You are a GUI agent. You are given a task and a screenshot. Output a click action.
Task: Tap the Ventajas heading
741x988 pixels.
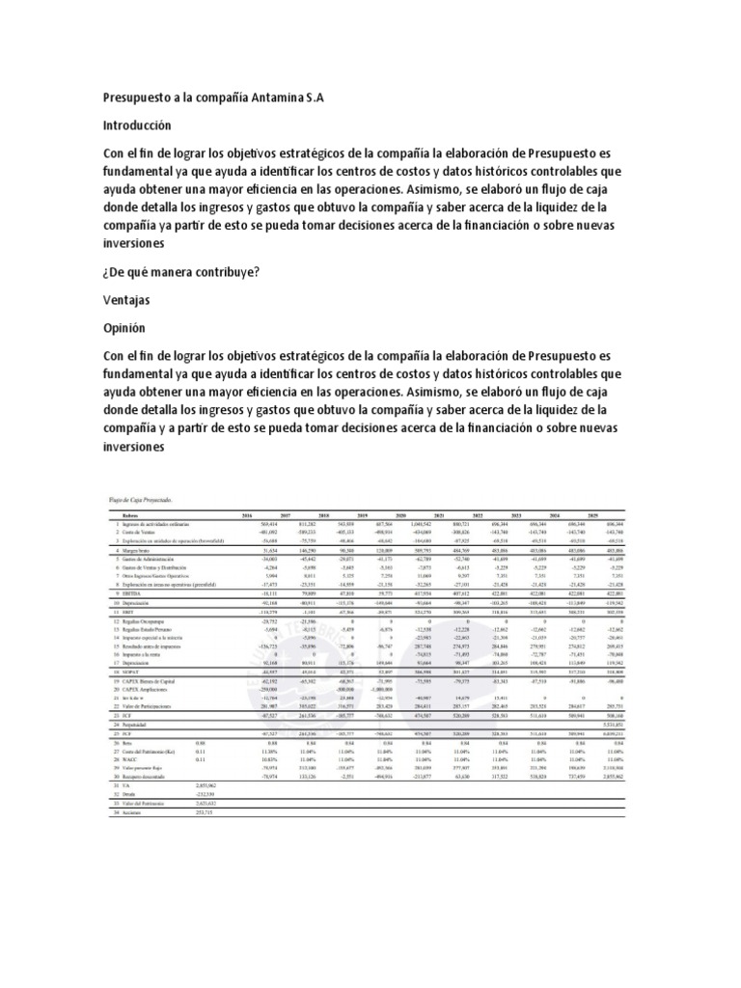coord(132,300)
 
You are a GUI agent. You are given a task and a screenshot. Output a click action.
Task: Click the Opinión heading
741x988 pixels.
coord(127,327)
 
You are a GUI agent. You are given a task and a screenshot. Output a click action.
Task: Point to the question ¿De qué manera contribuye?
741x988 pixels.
coord(181,272)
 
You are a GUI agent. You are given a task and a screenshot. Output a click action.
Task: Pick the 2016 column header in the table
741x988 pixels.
coord(245,513)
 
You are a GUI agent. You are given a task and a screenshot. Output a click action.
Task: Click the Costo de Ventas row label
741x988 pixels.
coord(139,532)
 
